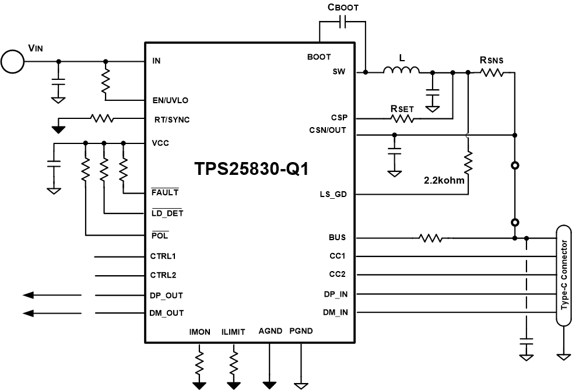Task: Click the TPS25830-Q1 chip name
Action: [x=251, y=168]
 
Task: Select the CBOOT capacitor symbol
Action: [x=343, y=23]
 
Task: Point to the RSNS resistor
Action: [x=491, y=72]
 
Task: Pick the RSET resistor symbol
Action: [x=402, y=118]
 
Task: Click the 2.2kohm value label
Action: [x=445, y=180]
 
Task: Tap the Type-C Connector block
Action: [x=563, y=276]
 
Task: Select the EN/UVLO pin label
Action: [x=170, y=100]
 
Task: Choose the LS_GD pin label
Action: [x=334, y=195]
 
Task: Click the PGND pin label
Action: [x=301, y=331]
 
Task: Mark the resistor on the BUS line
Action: [x=430, y=238]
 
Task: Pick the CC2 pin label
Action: [x=339, y=274]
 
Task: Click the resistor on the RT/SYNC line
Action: [x=101, y=118]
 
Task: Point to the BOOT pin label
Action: [x=319, y=57]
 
